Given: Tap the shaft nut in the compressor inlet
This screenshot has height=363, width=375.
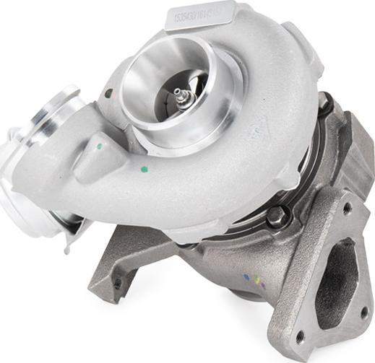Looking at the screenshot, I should coord(178,95).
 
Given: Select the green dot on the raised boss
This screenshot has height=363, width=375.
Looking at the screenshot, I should coord(100,145).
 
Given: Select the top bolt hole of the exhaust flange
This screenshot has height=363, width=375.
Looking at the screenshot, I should coord(348,208).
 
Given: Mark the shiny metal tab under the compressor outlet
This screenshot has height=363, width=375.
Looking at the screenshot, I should coord(73,224).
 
